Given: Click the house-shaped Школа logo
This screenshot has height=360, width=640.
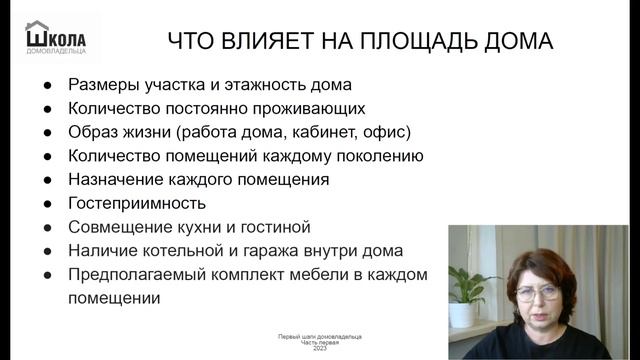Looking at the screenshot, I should pyautogui.click(x=56, y=37).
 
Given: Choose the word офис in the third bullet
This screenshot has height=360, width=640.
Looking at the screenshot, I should pyautogui.click(x=386, y=132).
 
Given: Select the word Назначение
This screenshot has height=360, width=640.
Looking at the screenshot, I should pyautogui.click(x=116, y=180).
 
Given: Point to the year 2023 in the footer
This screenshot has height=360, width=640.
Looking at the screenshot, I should pyautogui.click(x=319, y=349).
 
